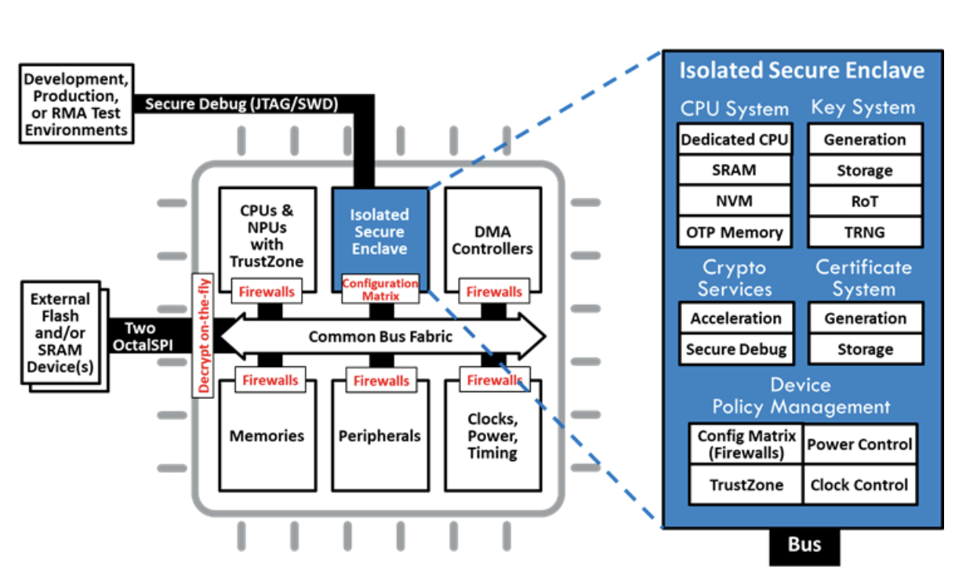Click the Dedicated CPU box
tap(734, 140)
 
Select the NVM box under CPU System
tap(734, 202)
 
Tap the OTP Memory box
tap(734, 232)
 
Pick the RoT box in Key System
tap(865, 202)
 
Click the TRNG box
tap(865, 232)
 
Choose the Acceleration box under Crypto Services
tap(735, 318)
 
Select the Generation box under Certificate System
tap(865, 318)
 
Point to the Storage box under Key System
tap(865, 171)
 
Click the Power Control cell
tap(859, 445)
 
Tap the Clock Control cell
tap(859, 485)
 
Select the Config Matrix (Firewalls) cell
tap(746, 445)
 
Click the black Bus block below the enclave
tap(804, 545)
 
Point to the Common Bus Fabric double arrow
tap(381, 337)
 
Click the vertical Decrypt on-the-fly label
tap(205, 337)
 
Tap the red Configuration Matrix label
tap(380, 289)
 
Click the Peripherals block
tap(380, 436)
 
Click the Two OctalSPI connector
tap(140, 337)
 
